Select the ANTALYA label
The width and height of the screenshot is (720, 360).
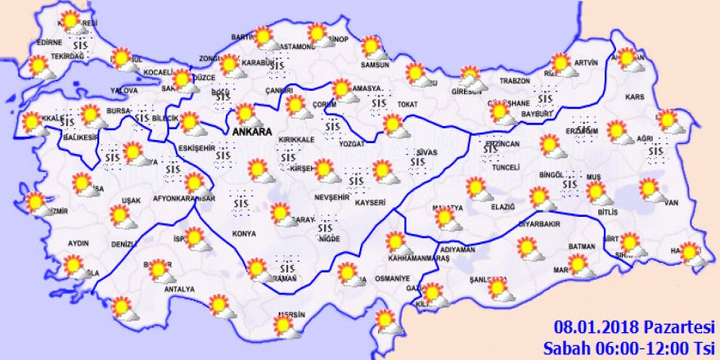click(x=178, y=289)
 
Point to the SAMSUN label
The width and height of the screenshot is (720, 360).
click(x=373, y=64)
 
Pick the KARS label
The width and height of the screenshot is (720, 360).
click(x=635, y=97)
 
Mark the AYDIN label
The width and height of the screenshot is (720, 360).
click(x=79, y=243)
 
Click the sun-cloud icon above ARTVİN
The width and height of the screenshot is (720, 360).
click(x=562, y=63)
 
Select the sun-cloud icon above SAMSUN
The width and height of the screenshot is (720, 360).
click(x=372, y=47)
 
